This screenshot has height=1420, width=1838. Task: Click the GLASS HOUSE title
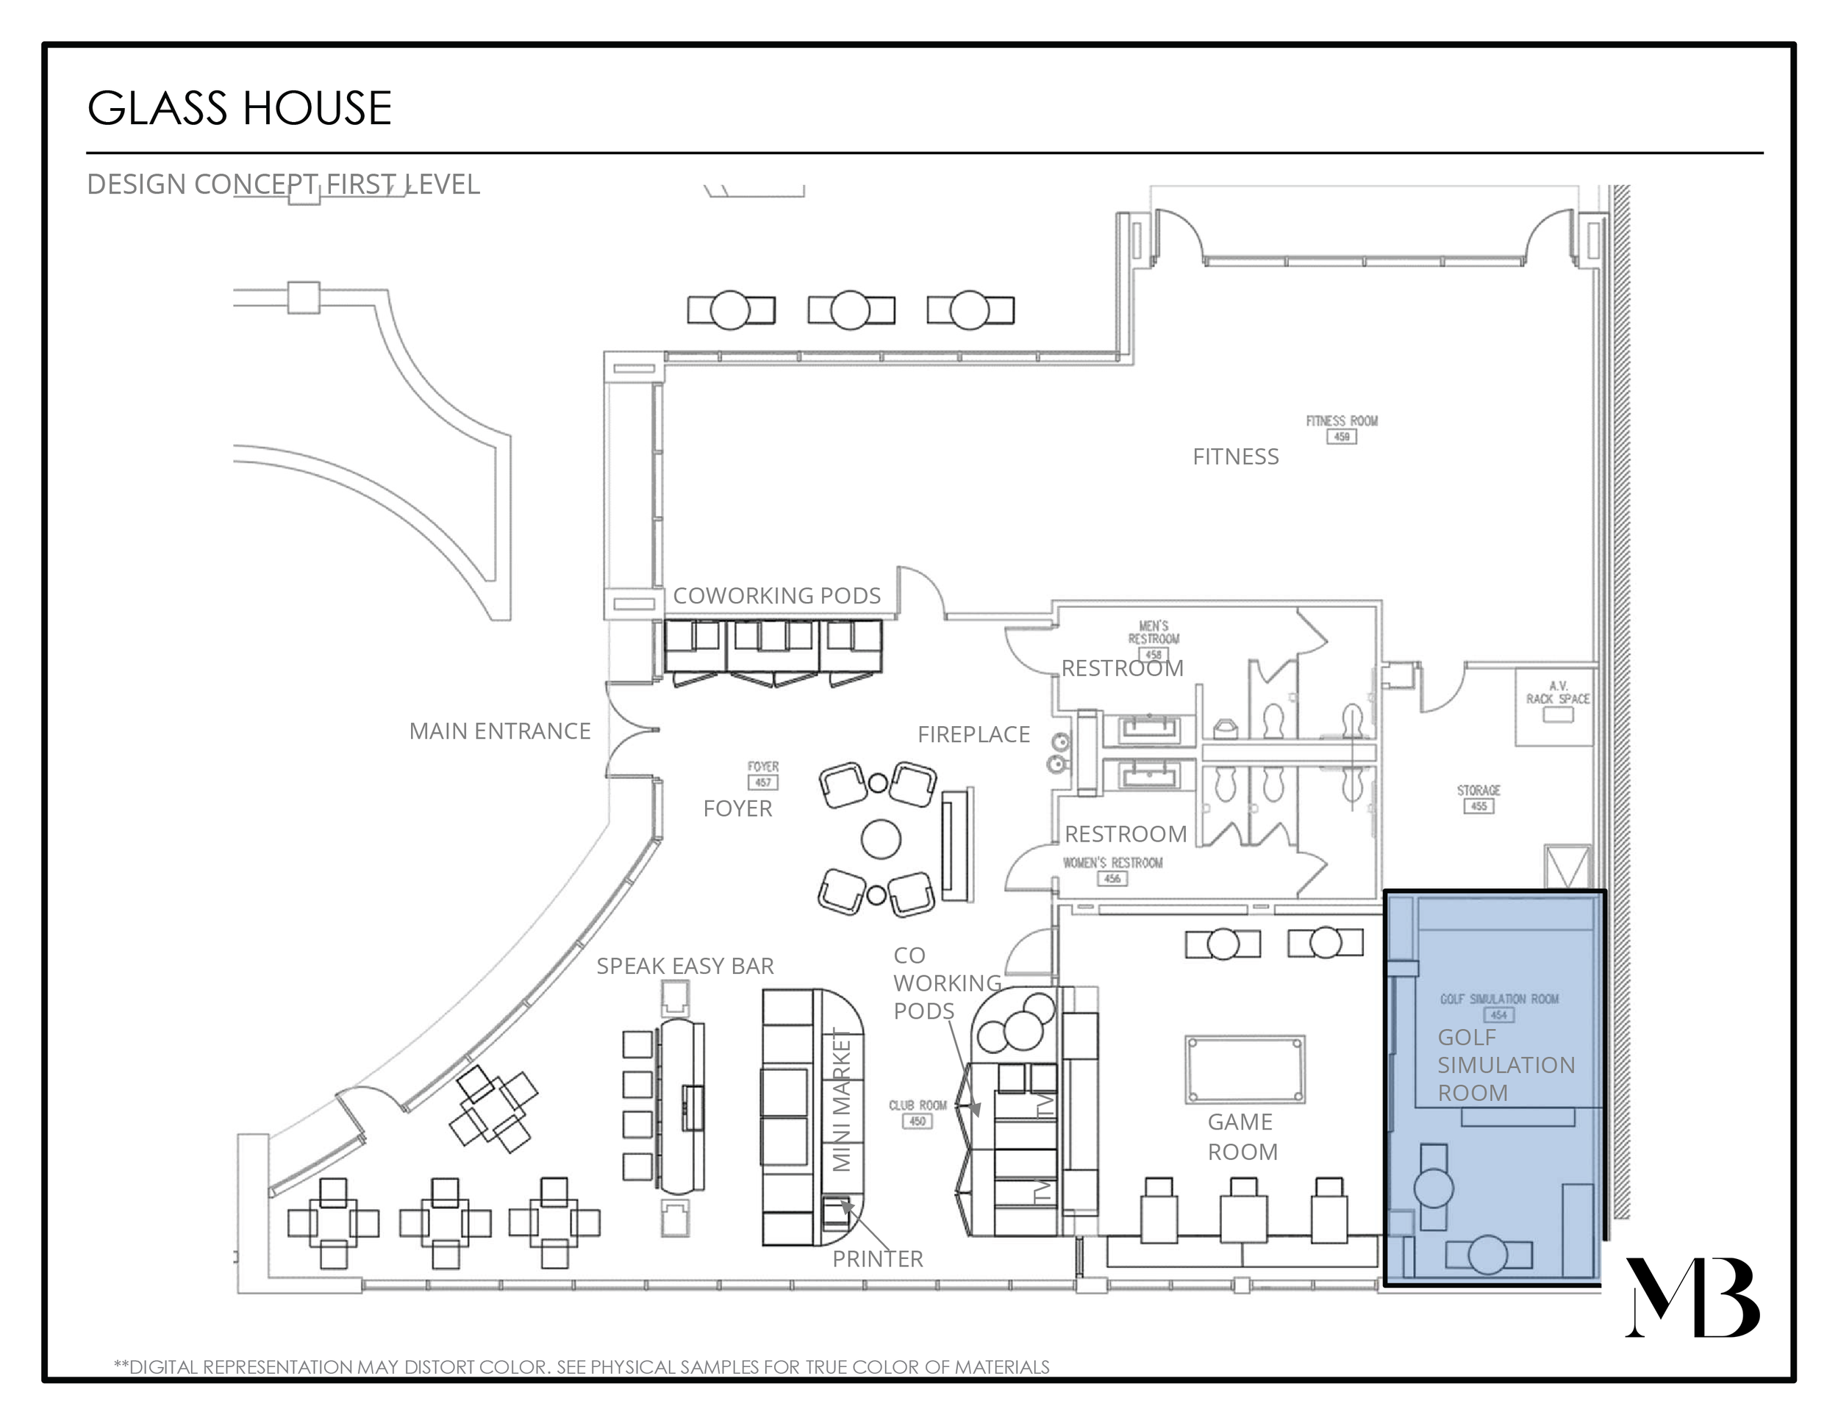pyautogui.click(x=239, y=109)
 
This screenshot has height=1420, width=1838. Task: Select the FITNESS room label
pyautogui.click(x=1234, y=456)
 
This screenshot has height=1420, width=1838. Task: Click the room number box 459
pyautogui.click(x=1342, y=437)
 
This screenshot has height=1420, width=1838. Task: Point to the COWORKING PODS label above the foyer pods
pyautogui.click(x=776, y=595)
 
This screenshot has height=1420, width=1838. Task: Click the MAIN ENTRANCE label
pyautogui.click(x=499, y=731)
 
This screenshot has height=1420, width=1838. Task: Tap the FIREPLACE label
pyautogui.click(x=973, y=734)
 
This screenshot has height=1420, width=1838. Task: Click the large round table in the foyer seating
pyautogui.click(x=881, y=838)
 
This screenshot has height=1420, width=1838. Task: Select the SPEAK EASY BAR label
pyautogui.click(x=685, y=966)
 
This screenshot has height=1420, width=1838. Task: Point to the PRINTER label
pyautogui.click(x=878, y=1258)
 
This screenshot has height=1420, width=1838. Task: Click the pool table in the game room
pyautogui.click(x=1245, y=1069)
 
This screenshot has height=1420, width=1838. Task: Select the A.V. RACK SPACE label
pyautogui.click(x=1558, y=692)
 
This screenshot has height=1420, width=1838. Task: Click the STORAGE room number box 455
pyautogui.click(x=1478, y=806)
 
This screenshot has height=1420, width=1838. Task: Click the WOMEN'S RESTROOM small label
pyautogui.click(x=1112, y=862)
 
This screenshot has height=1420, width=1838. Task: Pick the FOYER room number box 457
pyautogui.click(x=762, y=782)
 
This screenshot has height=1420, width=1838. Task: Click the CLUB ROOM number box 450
pyautogui.click(x=918, y=1121)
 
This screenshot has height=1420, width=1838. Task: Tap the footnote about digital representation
pyautogui.click(x=582, y=1367)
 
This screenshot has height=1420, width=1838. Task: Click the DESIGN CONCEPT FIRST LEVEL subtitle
pyautogui.click(x=283, y=184)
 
